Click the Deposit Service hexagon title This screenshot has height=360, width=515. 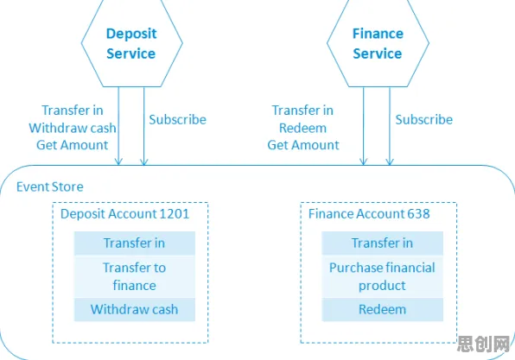click(x=131, y=44)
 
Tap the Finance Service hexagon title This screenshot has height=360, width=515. click(x=378, y=44)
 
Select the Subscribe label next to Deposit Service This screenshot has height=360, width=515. click(x=178, y=120)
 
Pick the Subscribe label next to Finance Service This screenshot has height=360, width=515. click(x=424, y=120)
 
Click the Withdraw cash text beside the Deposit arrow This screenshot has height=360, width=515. click(x=73, y=128)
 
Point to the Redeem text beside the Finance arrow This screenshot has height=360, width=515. click(x=302, y=128)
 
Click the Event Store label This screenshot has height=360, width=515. click(x=50, y=186)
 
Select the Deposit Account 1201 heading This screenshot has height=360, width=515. click(x=124, y=214)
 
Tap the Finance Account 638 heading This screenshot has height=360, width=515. click(x=369, y=214)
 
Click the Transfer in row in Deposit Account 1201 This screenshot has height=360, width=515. click(x=135, y=243)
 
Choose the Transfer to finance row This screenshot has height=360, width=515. click(x=135, y=276)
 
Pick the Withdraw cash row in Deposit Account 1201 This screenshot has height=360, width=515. click(x=135, y=309)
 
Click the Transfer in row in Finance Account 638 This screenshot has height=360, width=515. click(x=382, y=243)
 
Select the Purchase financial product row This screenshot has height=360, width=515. click(x=382, y=276)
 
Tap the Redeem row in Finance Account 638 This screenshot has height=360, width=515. click(x=382, y=309)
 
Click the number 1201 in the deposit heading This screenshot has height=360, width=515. click(x=174, y=214)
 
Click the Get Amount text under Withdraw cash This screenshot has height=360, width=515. click(x=73, y=145)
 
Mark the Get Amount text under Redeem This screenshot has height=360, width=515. click(x=303, y=145)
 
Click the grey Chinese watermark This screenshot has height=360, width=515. click(x=484, y=344)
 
